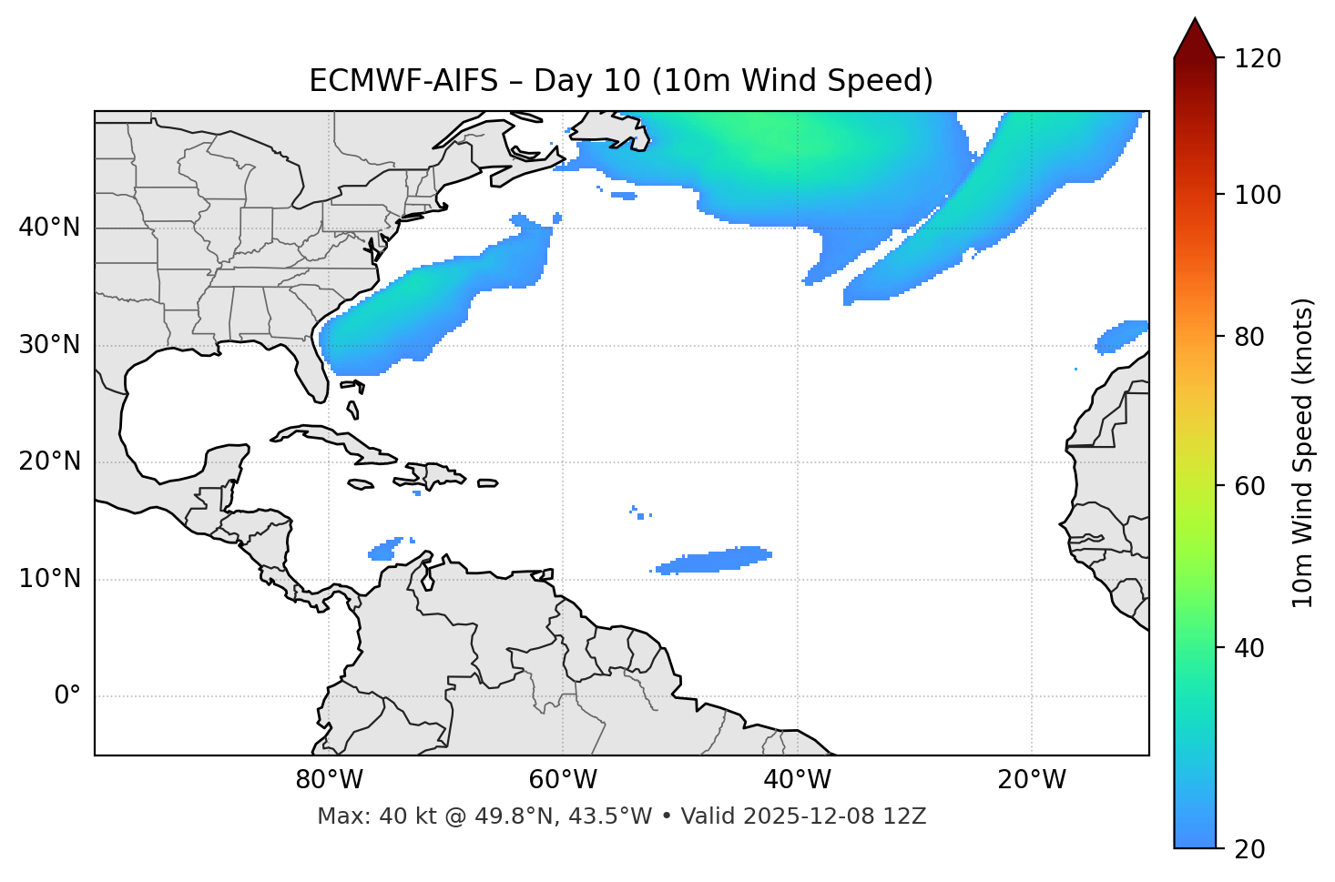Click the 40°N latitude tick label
[49, 228]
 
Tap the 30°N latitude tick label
[49, 345]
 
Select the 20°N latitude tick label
[49, 461]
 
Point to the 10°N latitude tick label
[49, 579]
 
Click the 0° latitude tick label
[67, 696]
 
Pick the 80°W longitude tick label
[329, 780]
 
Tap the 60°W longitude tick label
[563, 780]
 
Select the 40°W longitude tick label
[797, 780]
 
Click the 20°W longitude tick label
[1032, 780]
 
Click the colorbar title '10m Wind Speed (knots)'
[1303, 452]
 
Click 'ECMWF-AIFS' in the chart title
[403, 81]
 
